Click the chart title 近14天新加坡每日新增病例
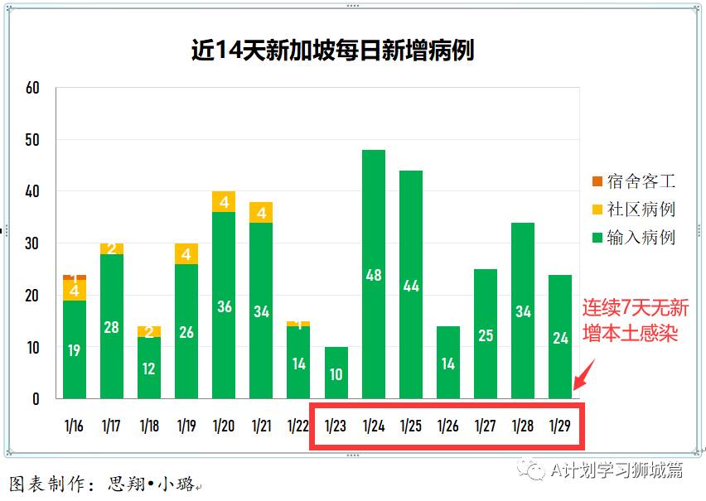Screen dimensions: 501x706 click(x=332, y=51)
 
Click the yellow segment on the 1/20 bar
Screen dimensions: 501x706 click(x=224, y=202)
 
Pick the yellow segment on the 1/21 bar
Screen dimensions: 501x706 click(x=261, y=213)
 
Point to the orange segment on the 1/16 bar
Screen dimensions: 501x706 click(x=75, y=277)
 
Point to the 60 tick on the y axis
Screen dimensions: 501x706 click(x=32, y=88)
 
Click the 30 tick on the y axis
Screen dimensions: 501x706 click(x=32, y=243)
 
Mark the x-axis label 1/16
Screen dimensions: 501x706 click(x=74, y=426)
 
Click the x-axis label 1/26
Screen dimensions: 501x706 click(x=448, y=426)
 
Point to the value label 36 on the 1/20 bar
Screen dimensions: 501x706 click(x=224, y=306)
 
